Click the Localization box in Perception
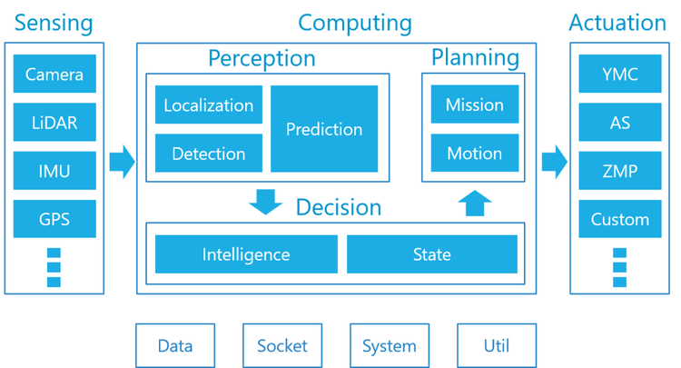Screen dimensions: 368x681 click(x=208, y=105)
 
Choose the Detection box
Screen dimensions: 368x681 click(x=208, y=154)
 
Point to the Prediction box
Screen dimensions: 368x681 click(x=324, y=129)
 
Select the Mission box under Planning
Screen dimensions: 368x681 click(x=474, y=105)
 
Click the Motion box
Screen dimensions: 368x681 click(x=474, y=154)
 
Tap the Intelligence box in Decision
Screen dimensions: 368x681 click(x=246, y=254)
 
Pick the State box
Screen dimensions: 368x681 click(x=431, y=254)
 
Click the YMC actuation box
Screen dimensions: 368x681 click(x=620, y=74)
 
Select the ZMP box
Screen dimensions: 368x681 click(x=620, y=171)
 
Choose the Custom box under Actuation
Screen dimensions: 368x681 click(x=620, y=219)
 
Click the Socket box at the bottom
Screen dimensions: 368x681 click(x=282, y=345)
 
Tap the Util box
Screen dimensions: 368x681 click(x=497, y=345)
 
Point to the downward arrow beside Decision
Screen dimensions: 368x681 click(x=266, y=203)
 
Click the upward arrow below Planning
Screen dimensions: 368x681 click(x=474, y=202)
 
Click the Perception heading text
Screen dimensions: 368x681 click(x=262, y=59)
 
